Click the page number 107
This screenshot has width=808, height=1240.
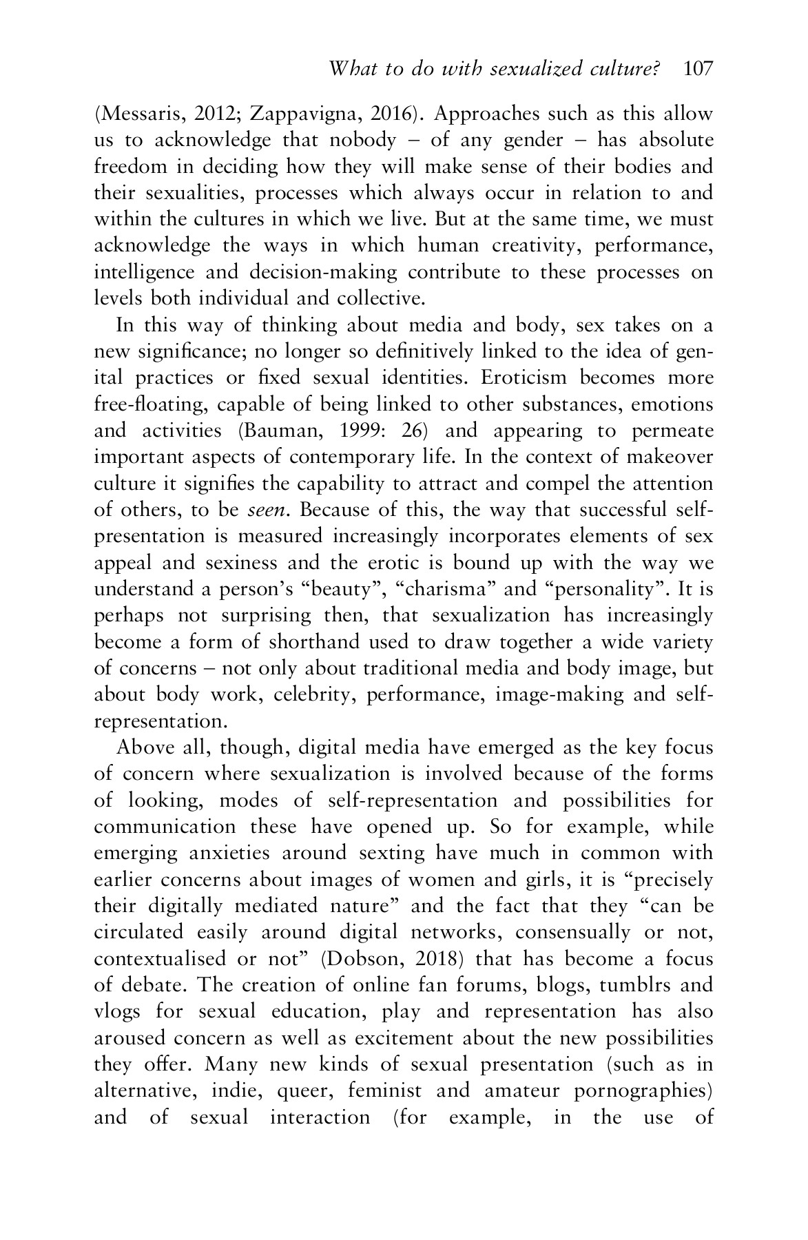click(698, 69)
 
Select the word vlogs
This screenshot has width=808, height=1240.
click(117, 1012)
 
